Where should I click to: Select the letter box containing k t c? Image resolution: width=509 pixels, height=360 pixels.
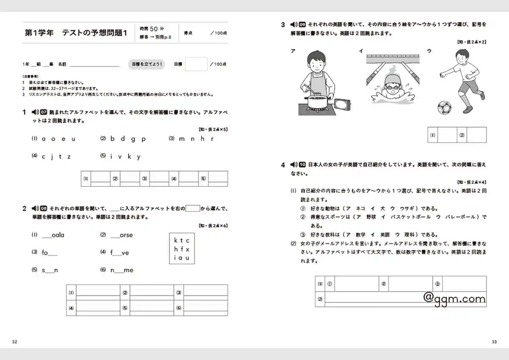click(182, 249)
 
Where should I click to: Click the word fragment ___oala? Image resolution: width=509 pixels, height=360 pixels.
click(53, 235)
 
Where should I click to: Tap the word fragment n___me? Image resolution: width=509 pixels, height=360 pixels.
click(122, 270)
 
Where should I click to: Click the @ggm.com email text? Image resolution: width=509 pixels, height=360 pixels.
click(454, 298)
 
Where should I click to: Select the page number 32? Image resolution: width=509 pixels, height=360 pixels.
click(14, 342)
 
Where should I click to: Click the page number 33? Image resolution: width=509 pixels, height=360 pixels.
click(494, 342)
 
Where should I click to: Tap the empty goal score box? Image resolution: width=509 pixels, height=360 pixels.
click(196, 64)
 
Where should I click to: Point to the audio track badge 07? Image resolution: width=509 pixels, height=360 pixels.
click(44, 112)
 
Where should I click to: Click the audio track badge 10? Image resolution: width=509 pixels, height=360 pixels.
click(302, 165)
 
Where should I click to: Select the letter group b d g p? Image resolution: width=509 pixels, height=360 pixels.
click(128, 139)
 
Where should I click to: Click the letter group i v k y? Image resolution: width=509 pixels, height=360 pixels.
click(125, 157)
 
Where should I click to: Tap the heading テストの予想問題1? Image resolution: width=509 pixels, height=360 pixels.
click(95, 33)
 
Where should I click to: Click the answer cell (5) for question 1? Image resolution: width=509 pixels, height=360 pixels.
click(218, 179)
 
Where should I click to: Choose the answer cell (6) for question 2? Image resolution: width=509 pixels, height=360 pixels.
click(206, 308)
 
